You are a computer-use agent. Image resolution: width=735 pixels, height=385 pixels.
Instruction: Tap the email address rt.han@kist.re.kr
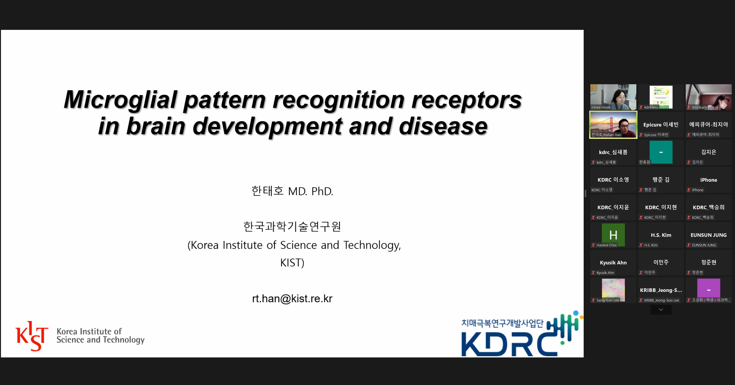coord(292,298)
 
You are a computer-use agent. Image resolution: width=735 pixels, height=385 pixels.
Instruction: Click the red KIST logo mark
coord(32,336)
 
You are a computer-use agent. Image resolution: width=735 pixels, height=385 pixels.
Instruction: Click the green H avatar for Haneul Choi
coord(613,235)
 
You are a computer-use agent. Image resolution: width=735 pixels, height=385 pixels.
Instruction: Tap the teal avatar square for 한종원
coord(661,152)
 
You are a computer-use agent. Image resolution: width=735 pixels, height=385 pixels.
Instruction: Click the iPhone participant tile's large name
coord(708,180)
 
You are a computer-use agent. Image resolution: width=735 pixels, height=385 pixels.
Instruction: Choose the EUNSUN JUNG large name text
coord(708,235)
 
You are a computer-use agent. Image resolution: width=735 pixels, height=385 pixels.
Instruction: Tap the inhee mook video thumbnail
coord(613,97)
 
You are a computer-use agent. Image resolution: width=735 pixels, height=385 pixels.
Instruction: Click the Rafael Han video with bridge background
coord(613,125)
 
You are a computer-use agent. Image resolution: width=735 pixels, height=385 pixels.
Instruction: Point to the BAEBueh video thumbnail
coord(708,97)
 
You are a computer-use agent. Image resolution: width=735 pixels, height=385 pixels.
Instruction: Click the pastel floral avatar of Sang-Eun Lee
coord(613,289)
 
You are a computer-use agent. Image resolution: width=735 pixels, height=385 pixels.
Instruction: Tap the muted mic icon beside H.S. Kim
coord(641,245)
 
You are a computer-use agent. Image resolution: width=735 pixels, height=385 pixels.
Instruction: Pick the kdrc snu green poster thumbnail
coord(661,97)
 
